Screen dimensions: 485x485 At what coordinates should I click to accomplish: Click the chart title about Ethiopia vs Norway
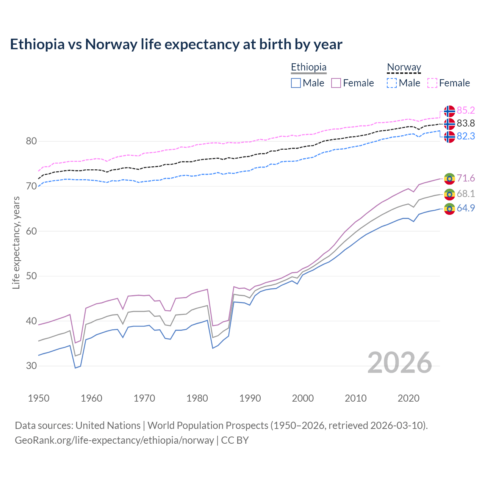point(176,44)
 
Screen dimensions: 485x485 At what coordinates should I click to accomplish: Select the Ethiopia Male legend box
point(296,83)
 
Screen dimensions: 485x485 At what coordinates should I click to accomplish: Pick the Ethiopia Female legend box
point(336,83)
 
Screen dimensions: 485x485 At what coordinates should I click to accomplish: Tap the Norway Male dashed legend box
point(392,83)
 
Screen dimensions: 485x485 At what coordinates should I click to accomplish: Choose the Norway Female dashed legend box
point(432,83)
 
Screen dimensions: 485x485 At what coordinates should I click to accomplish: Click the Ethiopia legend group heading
point(308,67)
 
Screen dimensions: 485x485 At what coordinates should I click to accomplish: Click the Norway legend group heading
point(404,67)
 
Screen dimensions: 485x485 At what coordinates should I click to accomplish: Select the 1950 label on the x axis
point(39,398)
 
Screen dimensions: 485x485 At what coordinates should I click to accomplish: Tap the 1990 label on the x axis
point(250,398)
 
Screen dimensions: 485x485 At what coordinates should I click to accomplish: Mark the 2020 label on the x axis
point(408,398)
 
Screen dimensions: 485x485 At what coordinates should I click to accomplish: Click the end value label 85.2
point(466,110)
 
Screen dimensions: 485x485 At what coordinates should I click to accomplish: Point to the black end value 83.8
point(466,123)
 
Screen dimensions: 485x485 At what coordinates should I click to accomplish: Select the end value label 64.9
point(466,208)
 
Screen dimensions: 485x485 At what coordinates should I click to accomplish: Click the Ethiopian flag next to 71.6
point(449,178)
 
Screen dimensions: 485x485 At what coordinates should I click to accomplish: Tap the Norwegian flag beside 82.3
point(449,137)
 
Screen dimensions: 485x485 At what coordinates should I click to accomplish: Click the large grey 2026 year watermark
point(400,363)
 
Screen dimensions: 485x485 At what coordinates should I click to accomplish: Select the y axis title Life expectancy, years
point(16,242)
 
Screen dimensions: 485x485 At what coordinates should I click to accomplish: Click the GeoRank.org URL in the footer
point(114,440)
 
